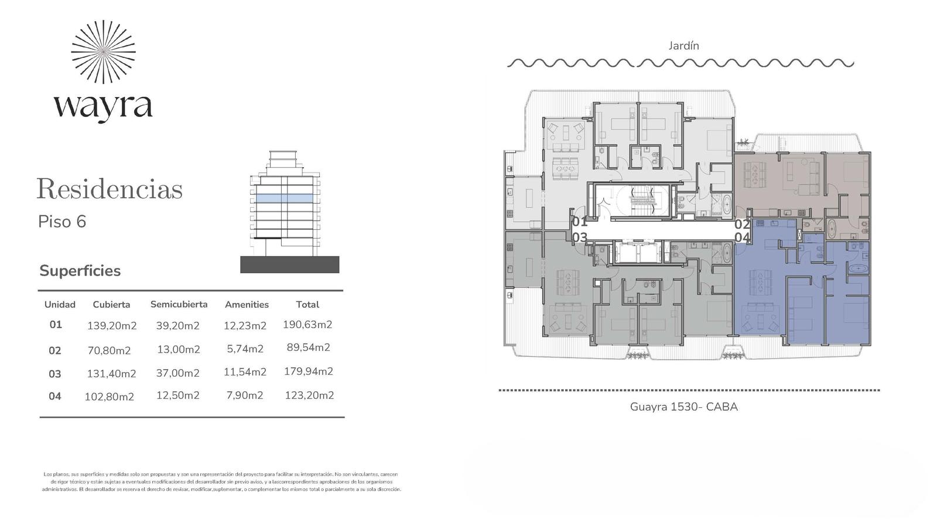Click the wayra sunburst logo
[103, 52]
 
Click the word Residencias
[110, 189]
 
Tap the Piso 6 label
[62, 221]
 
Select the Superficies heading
[80, 271]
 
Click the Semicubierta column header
[179, 304]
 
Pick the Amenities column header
[247, 305]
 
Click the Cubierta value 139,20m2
[112, 326]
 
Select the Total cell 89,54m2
[308, 347]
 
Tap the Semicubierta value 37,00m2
[178, 373]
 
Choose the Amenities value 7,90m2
[245, 395]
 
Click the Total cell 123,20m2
[309, 395]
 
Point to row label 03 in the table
[55, 374]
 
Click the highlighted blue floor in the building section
[285, 198]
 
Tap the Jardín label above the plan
[683, 46]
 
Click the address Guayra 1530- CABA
[684, 407]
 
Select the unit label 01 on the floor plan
[580, 221]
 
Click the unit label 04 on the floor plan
[743, 238]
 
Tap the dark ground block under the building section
[289, 265]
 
